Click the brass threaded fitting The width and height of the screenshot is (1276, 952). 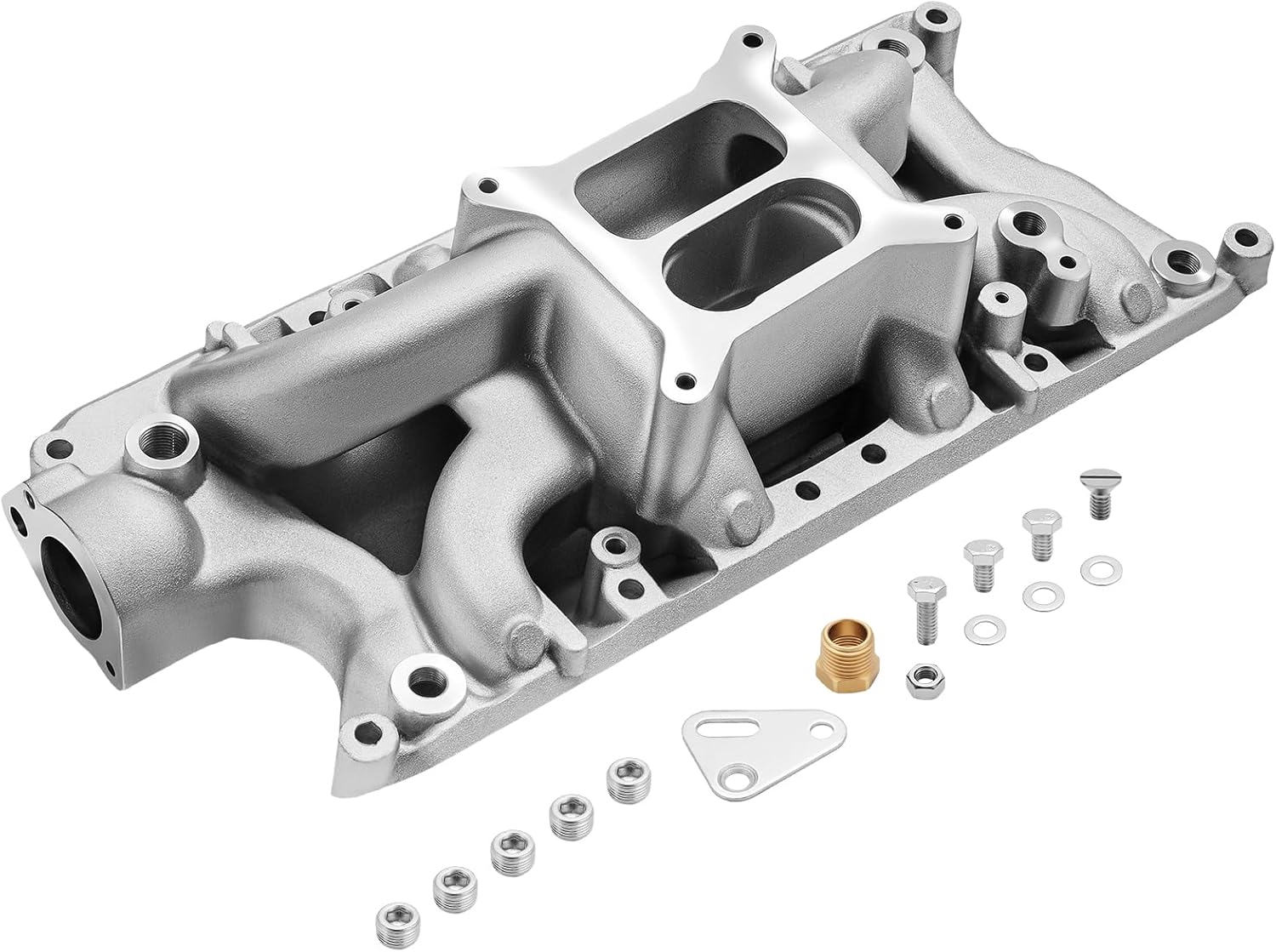coord(845,646)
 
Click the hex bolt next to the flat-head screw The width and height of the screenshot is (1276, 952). coord(1038,530)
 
